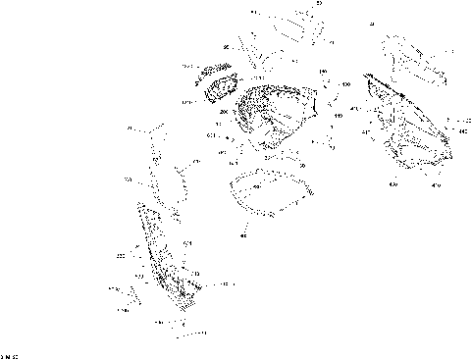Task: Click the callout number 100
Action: click(x=345, y=84)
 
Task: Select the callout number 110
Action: click(x=339, y=117)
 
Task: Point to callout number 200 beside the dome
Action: click(x=224, y=113)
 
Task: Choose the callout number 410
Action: click(x=437, y=184)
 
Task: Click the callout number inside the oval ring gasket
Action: click(x=256, y=185)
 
